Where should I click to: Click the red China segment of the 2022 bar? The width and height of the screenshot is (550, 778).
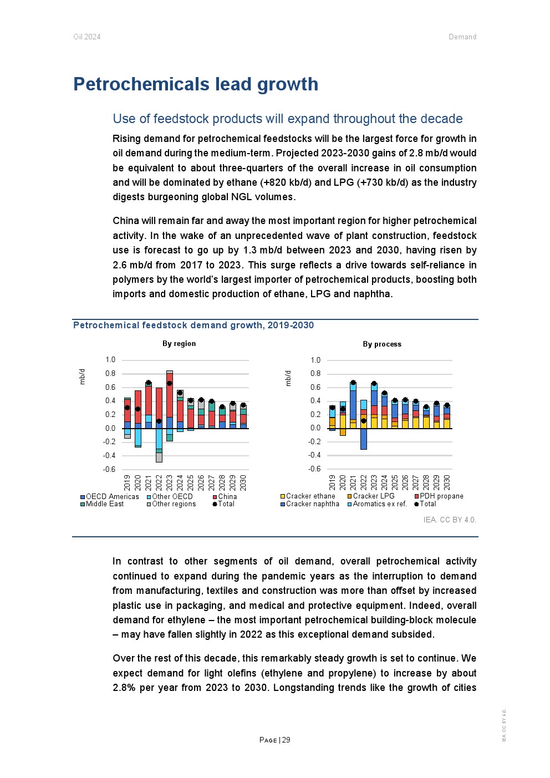pos(159,404)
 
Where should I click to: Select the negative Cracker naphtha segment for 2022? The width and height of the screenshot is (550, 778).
pos(364,439)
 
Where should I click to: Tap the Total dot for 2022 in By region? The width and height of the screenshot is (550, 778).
pos(159,421)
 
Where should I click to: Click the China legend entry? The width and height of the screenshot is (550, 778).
pos(227,497)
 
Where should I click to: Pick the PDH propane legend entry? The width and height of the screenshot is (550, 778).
pos(441,496)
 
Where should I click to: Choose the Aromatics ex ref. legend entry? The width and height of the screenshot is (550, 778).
pos(380,504)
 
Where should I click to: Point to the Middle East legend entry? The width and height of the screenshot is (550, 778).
pos(105,504)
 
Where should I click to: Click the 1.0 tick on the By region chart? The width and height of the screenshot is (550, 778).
pos(110,360)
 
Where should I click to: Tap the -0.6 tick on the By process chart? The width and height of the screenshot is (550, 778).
pos(315,469)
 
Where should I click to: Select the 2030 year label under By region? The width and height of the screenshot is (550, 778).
pos(243,482)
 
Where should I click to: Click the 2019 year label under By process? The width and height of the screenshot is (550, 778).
pos(332,482)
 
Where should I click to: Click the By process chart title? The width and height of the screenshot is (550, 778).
pos(382,344)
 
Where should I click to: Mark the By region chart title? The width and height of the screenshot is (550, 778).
pos(179,344)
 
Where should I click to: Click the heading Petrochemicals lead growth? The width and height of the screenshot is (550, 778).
pos(196,84)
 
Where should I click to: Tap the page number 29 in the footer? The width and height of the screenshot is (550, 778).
pos(286,740)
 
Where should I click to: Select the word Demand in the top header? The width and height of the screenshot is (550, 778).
pos(462,37)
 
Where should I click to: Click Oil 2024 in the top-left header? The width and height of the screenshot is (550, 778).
pos(87,37)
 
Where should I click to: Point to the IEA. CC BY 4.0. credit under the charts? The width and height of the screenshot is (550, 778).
pos(450,520)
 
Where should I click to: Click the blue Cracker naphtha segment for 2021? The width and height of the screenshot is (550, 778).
pos(353,405)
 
